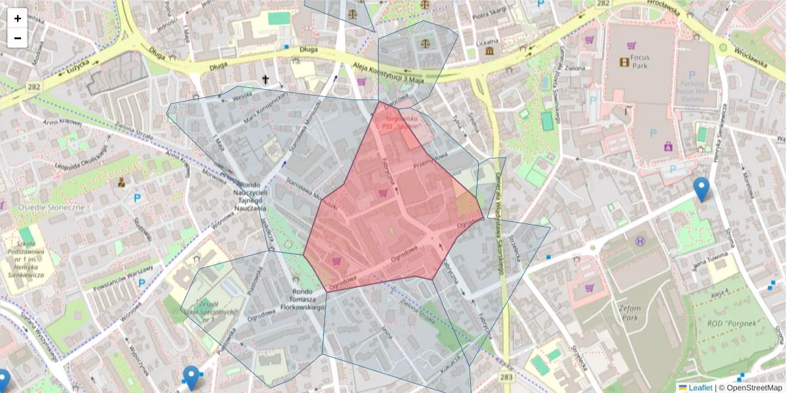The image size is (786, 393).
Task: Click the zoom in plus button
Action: (17, 18)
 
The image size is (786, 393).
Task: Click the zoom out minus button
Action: (17, 38)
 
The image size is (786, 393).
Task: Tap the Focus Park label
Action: (641, 62)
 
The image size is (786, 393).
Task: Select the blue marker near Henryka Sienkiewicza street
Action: (702, 189)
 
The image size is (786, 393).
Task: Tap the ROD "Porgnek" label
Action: (733, 324)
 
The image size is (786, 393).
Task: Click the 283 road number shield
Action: (506, 377)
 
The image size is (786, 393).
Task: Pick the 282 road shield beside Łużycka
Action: (33, 86)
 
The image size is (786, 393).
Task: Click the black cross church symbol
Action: (265, 80)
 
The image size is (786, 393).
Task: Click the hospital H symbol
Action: (639, 242)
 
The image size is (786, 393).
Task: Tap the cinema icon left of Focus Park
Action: (624, 62)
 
